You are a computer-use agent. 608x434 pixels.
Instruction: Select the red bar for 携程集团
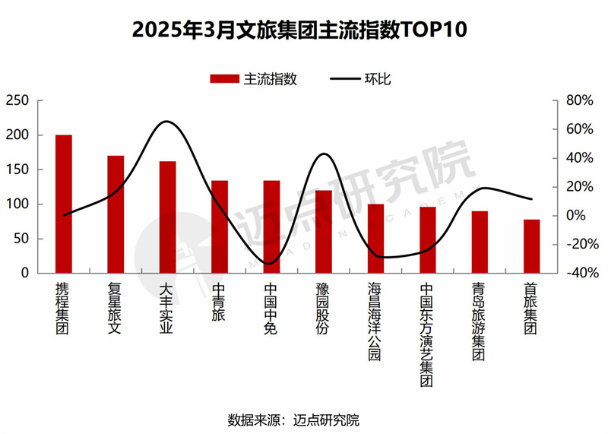[x=64, y=204]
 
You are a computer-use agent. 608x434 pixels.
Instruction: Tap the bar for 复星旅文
[x=116, y=214]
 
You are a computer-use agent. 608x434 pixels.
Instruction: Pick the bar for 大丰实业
[x=168, y=217]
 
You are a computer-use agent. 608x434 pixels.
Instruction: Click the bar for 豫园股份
[x=324, y=231]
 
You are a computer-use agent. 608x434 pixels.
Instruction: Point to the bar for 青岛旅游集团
[x=480, y=242]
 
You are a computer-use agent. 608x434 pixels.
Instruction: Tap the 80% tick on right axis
[x=578, y=101]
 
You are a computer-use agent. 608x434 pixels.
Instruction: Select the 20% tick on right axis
[x=578, y=187]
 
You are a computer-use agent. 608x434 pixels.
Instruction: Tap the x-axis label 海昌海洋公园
[x=375, y=322]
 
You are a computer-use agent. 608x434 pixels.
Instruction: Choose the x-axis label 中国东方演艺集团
[x=427, y=334]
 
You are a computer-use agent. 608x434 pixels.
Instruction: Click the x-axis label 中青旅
[x=220, y=303]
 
